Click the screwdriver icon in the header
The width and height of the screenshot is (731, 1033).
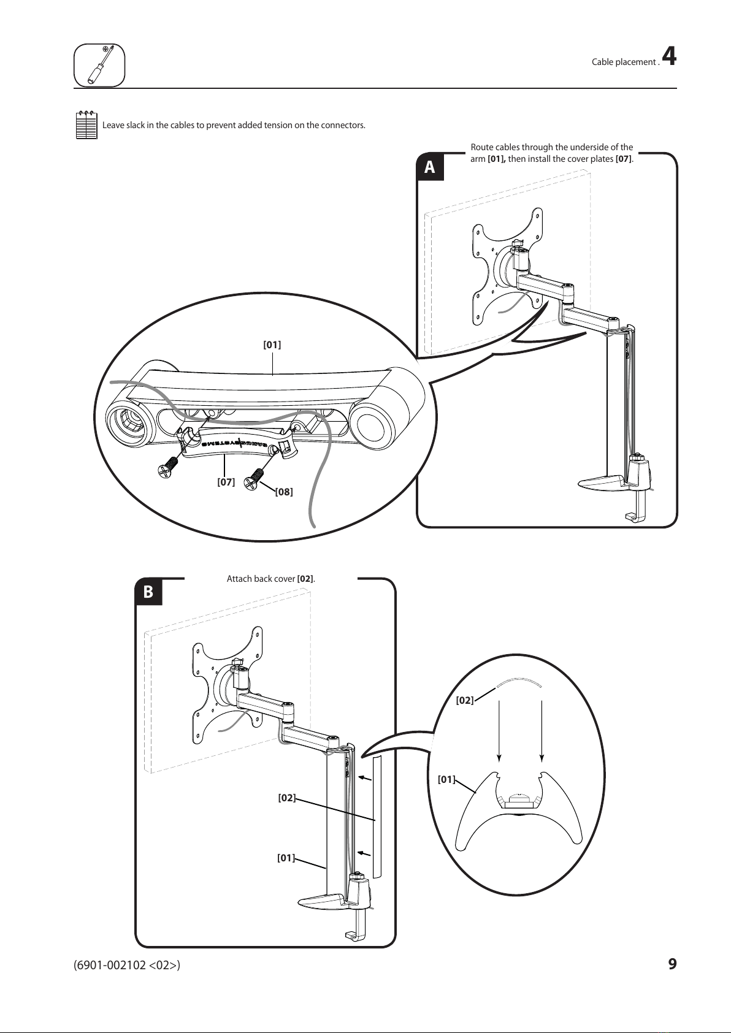(x=99, y=65)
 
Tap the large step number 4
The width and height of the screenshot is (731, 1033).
(x=670, y=57)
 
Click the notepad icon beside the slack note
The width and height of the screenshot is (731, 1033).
(x=86, y=125)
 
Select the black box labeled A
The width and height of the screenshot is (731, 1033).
(x=430, y=167)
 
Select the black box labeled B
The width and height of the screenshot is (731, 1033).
(x=148, y=593)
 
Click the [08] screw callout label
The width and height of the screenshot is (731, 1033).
(x=283, y=492)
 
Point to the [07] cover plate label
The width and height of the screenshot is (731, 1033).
(x=226, y=482)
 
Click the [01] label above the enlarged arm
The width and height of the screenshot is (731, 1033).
(x=272, y=345)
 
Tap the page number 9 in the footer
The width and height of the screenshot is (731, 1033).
(x=672, y=964)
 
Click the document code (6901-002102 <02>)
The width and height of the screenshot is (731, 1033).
(x=127, y=965)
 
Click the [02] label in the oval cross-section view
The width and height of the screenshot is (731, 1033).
(x=465, y=700)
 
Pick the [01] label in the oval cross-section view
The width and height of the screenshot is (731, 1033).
(x=446, y=780)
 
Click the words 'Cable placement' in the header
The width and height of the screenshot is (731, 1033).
(x=624, y=62)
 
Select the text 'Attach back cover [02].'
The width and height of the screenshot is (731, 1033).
(x=270, y=579)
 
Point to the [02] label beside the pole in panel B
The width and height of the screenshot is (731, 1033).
(x=286, y=798)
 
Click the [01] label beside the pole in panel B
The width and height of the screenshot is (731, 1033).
(x=286, y=858)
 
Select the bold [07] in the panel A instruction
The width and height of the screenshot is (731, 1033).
(x=623, y=159)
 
